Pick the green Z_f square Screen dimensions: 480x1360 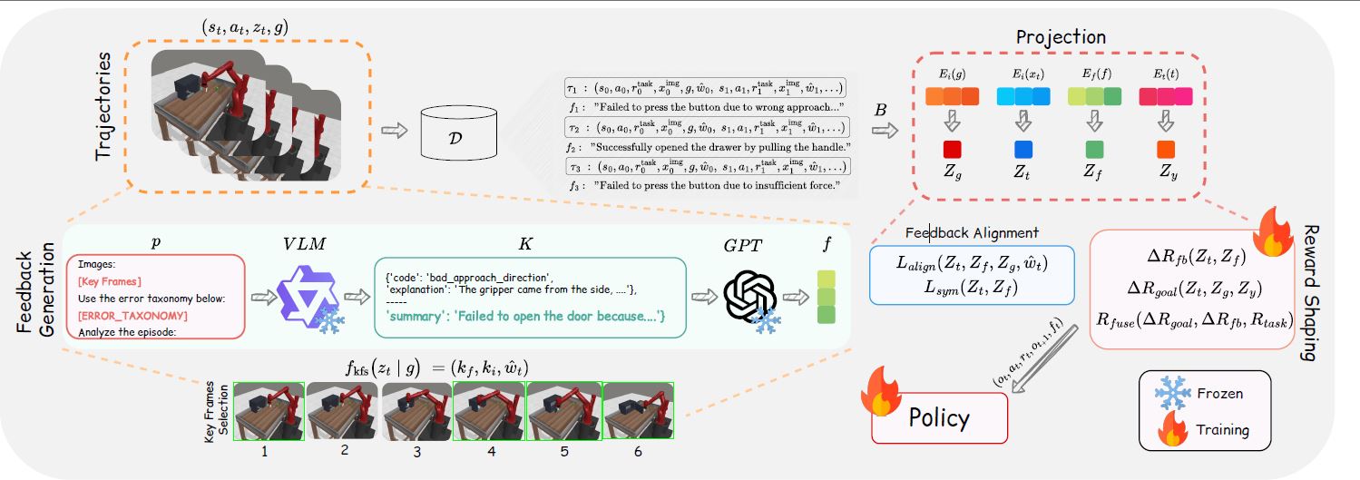tap(1092, 147)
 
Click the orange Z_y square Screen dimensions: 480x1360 tap(1166, 147)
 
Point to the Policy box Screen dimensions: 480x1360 tap(939, 418)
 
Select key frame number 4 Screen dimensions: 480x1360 tap(489, 411)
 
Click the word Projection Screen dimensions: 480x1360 tap(1061, 37)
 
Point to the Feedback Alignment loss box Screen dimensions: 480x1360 tap(971, 274)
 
